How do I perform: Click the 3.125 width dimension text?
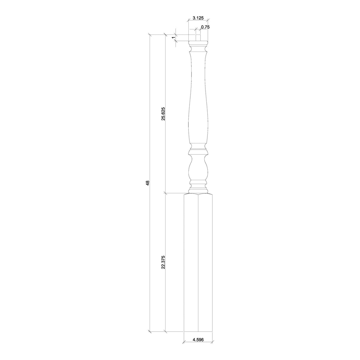click(198, 18)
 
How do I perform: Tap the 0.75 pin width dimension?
click(205, 27)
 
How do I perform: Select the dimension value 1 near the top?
click(173, 37)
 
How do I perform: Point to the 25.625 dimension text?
click(163, 113)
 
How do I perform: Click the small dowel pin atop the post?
click(198, 37)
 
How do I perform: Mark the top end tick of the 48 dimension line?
click(150, 35)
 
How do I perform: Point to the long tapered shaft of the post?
click(198, 99)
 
